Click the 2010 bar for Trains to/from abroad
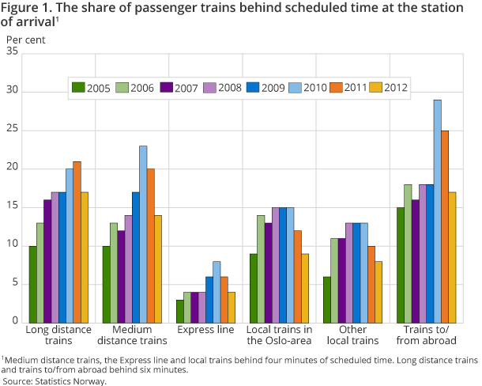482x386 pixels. (x=437, y=211)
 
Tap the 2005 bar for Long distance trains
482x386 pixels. (x=32, y=284)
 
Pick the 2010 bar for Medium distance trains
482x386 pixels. (x=143, y=234)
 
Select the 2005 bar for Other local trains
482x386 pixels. (x=327, y=299)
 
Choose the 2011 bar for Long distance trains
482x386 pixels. (x=77, y=242)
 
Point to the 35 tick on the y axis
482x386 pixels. (x=11, y=52)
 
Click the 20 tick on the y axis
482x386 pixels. (x=11, y=168)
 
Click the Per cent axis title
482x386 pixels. (x=25, y=38)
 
